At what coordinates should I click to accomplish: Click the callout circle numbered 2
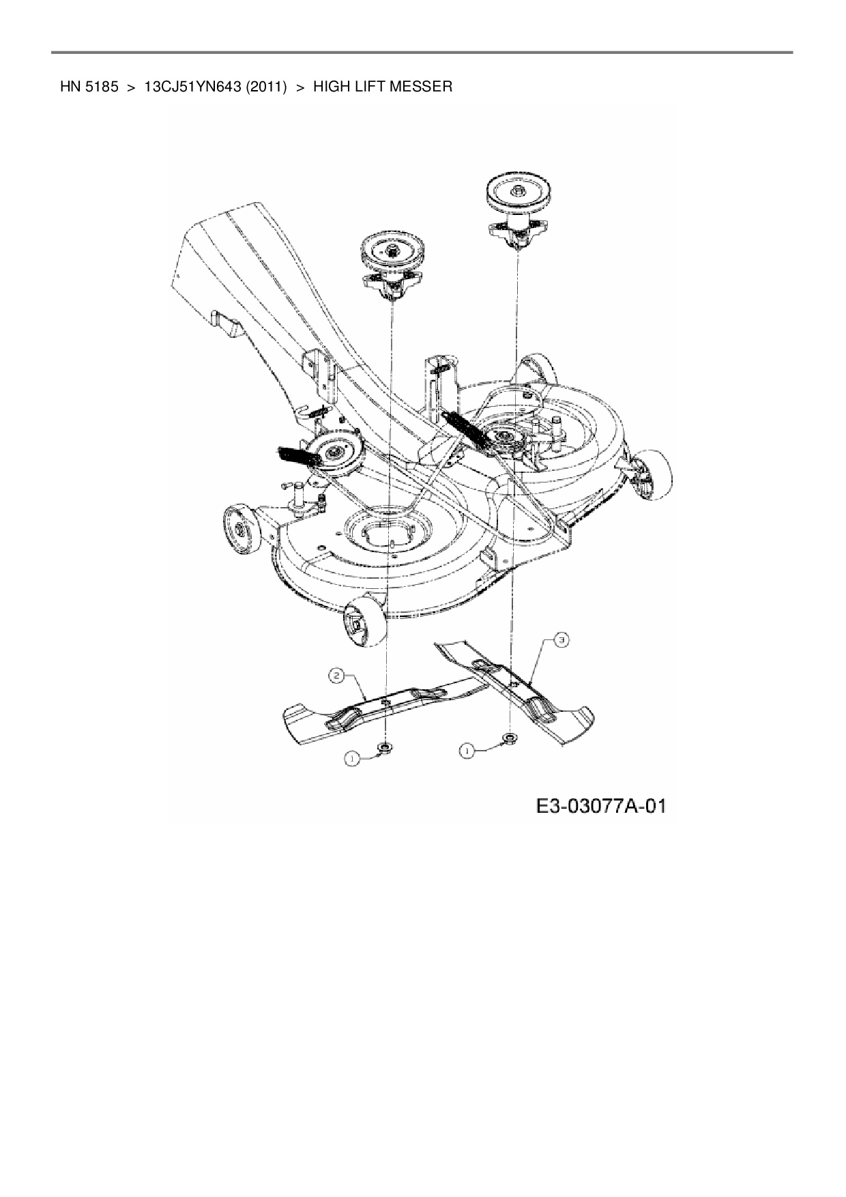[x=336, y=676]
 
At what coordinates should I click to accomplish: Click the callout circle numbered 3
[x=559, y=640]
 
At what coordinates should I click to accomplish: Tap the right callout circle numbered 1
[x=467, y=750]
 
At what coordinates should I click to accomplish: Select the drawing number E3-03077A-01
[x=600, y=807]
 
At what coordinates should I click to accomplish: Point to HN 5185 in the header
[x=90, y=87]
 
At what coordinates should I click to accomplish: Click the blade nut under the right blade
[x=509, y=738]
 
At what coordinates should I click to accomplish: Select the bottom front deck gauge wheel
[x=361, y=618]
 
